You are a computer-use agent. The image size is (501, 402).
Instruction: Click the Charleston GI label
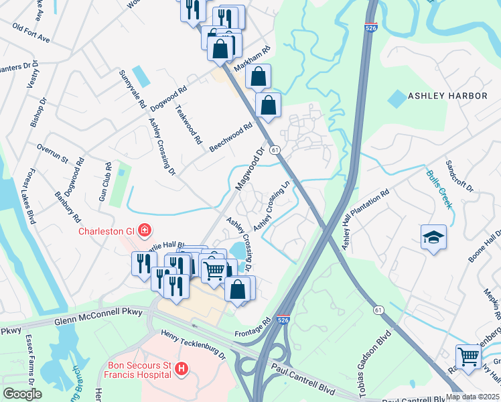107,232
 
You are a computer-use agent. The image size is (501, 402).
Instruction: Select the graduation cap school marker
433,237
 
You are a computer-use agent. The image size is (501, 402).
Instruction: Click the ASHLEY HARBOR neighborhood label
447,96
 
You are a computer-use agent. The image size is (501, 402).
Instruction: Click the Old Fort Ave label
31,34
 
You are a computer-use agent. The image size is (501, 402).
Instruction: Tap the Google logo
21,393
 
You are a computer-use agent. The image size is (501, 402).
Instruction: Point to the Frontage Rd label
252,326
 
